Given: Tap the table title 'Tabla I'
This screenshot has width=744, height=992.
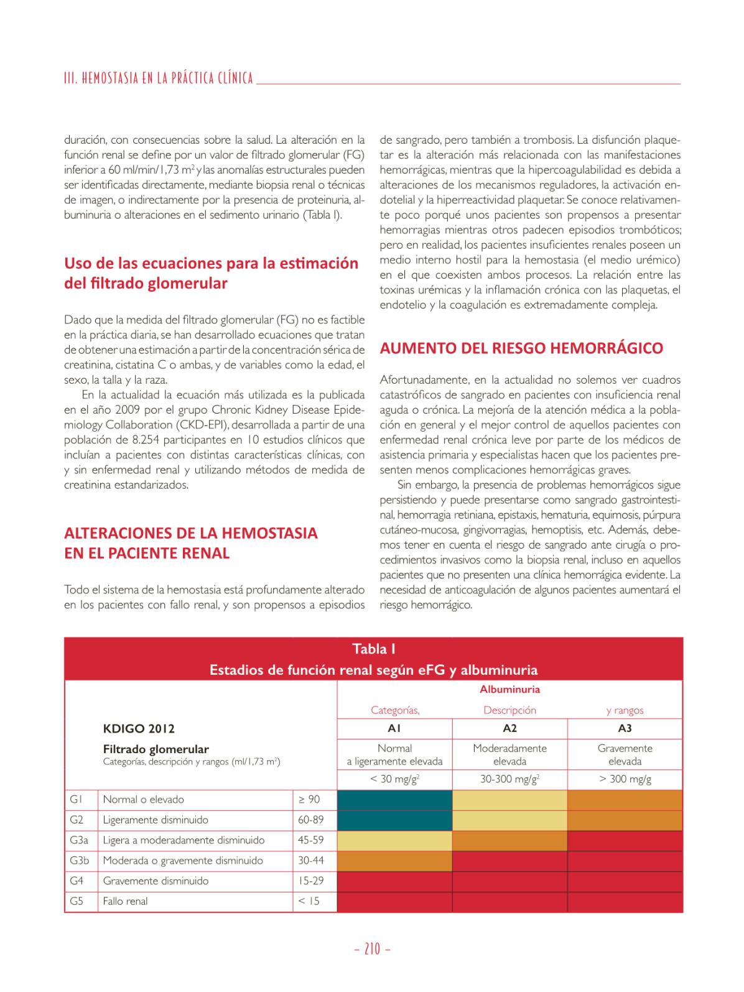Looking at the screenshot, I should (373, 649).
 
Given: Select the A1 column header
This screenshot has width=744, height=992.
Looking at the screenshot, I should (394, 728).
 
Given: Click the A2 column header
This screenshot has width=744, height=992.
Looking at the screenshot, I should (509, 728).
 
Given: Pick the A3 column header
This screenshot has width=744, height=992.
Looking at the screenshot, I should (625, 728).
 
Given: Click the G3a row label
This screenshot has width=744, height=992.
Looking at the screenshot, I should (79, 840).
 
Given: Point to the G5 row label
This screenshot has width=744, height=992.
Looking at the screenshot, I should (77, 901).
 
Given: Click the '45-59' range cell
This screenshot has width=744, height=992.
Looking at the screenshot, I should (311, 840).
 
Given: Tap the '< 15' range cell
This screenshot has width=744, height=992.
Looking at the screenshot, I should (309, 901).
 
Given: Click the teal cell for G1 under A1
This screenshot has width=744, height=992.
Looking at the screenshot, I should (394, 800).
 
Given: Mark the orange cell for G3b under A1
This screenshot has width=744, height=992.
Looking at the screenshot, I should (394, 861).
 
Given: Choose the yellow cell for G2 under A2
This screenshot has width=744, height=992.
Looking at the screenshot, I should (509, 820).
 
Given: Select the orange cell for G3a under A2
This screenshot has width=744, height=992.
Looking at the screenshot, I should (509, 840).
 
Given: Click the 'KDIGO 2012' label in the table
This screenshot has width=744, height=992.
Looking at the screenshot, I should (139, 729).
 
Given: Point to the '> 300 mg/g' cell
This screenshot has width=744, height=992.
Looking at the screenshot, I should (625, 779).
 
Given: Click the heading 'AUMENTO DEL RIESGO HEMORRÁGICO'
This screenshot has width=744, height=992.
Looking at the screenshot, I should (521, 348).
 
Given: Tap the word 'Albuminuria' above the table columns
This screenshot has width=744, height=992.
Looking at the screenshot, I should (509, 690).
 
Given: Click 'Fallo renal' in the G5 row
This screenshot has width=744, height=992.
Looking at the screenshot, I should (126, 901).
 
